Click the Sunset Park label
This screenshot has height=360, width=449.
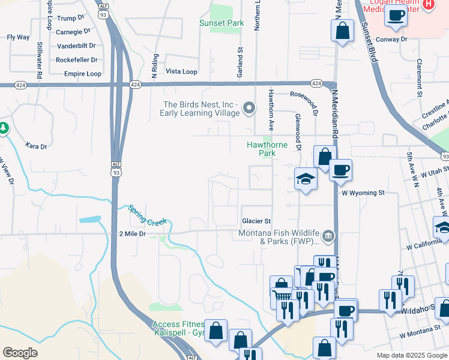point(221,23)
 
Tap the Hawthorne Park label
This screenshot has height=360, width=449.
point(267,149)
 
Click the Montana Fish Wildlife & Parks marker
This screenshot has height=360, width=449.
point(328,235)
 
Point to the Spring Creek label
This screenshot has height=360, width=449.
point(146,216)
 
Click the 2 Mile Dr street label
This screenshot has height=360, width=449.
point(133,233)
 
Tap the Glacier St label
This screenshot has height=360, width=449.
point(257,221)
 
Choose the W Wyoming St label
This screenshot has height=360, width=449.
point(363,193)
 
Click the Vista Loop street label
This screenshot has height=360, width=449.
point(181,71)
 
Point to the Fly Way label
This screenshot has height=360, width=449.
point(18,37)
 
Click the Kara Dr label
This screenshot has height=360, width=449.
point(36,145)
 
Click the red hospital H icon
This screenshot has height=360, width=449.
point(428,4)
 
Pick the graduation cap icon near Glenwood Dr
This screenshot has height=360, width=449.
point(306,178)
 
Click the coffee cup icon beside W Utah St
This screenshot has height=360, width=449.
point(340,169)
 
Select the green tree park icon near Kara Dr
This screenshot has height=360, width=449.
point(3,128)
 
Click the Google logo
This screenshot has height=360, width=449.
point(20,353)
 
